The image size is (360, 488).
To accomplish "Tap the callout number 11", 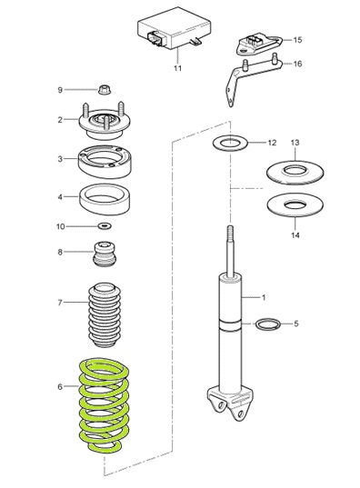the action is tap(177, 68).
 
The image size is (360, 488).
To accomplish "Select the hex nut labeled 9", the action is tap(105, 90).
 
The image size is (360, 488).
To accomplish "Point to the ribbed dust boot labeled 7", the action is tap(105, 315).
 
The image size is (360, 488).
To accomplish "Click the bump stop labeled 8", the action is tap(105, 254).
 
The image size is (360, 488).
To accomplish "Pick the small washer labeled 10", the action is tap(105, 225).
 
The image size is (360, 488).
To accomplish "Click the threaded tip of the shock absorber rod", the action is tap(230, 232).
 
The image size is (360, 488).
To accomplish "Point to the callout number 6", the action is tap(60, 386).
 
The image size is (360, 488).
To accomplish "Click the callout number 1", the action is tap(264, 298).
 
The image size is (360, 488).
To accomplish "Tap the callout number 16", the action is tap(297, 64).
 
